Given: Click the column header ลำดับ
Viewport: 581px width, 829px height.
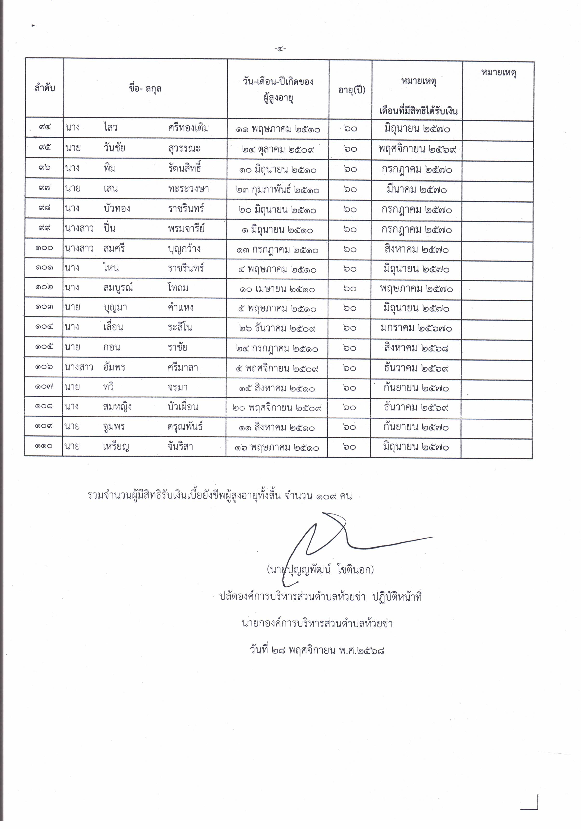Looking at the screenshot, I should (45, 88).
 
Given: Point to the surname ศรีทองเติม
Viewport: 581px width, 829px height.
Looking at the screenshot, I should (189, 128).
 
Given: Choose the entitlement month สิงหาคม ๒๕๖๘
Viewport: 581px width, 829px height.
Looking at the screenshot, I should (416, 348).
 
